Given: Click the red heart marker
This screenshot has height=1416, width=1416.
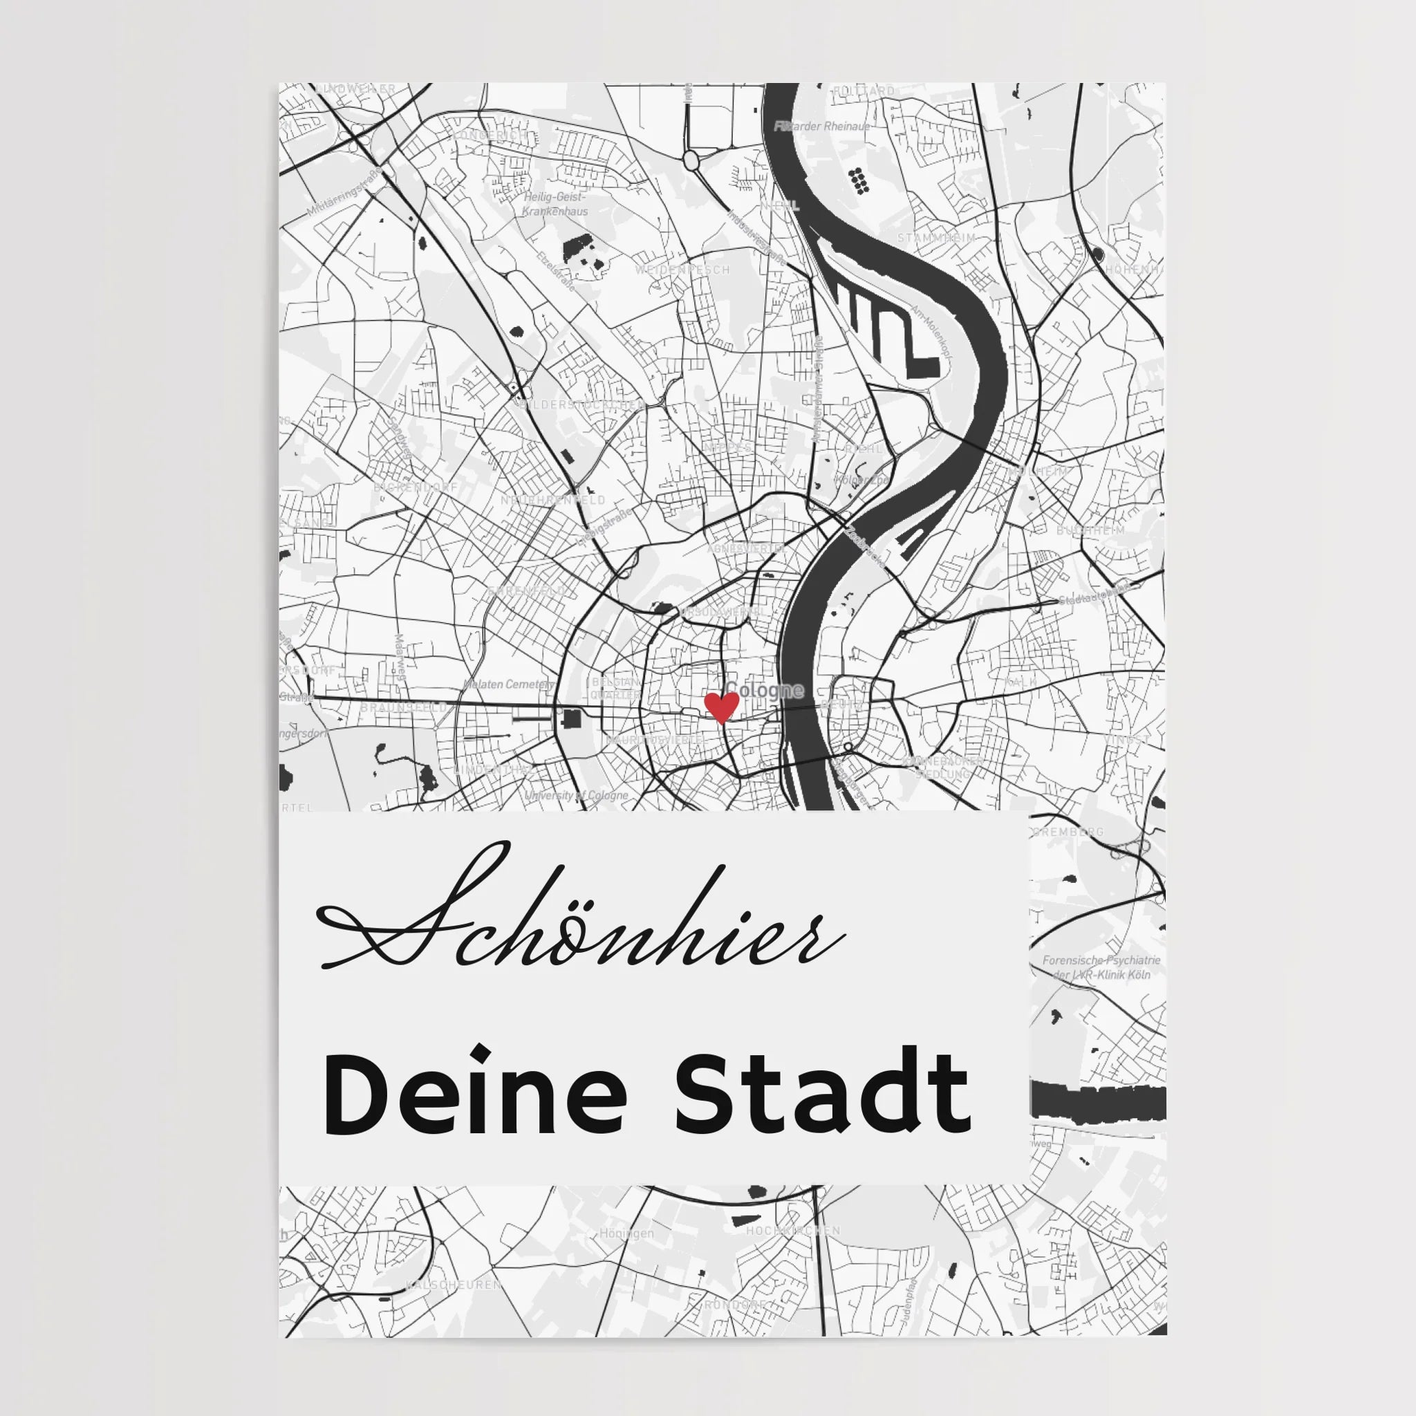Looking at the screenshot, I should pos(720,708).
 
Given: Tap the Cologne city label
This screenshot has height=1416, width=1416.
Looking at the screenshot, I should pos(765,691).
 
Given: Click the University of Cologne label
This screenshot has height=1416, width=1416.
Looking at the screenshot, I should pos(576,795).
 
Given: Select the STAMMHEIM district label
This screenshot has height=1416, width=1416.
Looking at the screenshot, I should pos(937,239).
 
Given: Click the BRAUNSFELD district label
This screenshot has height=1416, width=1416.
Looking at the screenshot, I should pos(403,707).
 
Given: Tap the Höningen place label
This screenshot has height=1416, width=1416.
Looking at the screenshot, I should pos(626,1233).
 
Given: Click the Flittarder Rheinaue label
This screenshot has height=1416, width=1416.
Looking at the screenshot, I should pos(822,126).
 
